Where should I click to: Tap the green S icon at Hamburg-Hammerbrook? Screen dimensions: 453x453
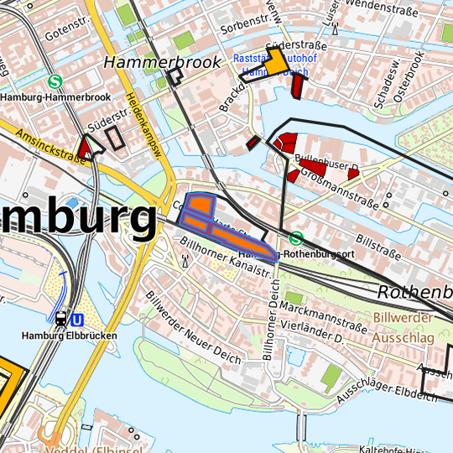coord(55,82)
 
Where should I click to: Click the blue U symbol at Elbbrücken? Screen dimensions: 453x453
coord(78,320)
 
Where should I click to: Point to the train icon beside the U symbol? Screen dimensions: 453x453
coord(61,320)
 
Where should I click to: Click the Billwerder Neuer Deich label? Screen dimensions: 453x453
coord(192,328)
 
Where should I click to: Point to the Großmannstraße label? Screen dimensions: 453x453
coord(335,178)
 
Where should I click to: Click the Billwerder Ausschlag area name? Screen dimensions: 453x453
coord(404,327)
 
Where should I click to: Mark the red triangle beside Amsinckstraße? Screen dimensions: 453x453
coord(84,151)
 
